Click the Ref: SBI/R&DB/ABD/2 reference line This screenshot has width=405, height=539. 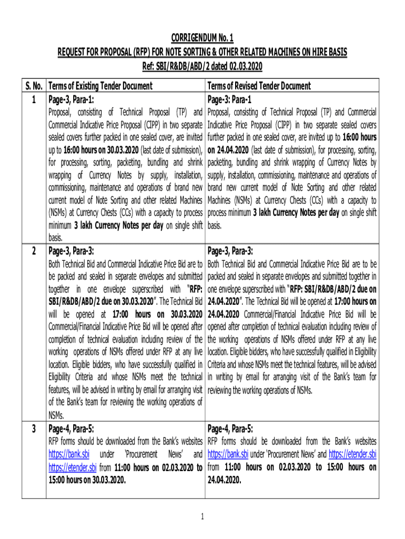point(202,66)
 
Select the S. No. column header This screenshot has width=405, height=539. point(33,86)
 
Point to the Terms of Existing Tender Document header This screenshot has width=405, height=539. point(100,86)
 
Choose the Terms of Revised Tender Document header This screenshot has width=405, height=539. point(259,86)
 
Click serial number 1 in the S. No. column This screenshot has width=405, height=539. point(33,98)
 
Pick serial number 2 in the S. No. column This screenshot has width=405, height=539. point(33,251)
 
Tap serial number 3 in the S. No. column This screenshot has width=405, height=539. point(33,428)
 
